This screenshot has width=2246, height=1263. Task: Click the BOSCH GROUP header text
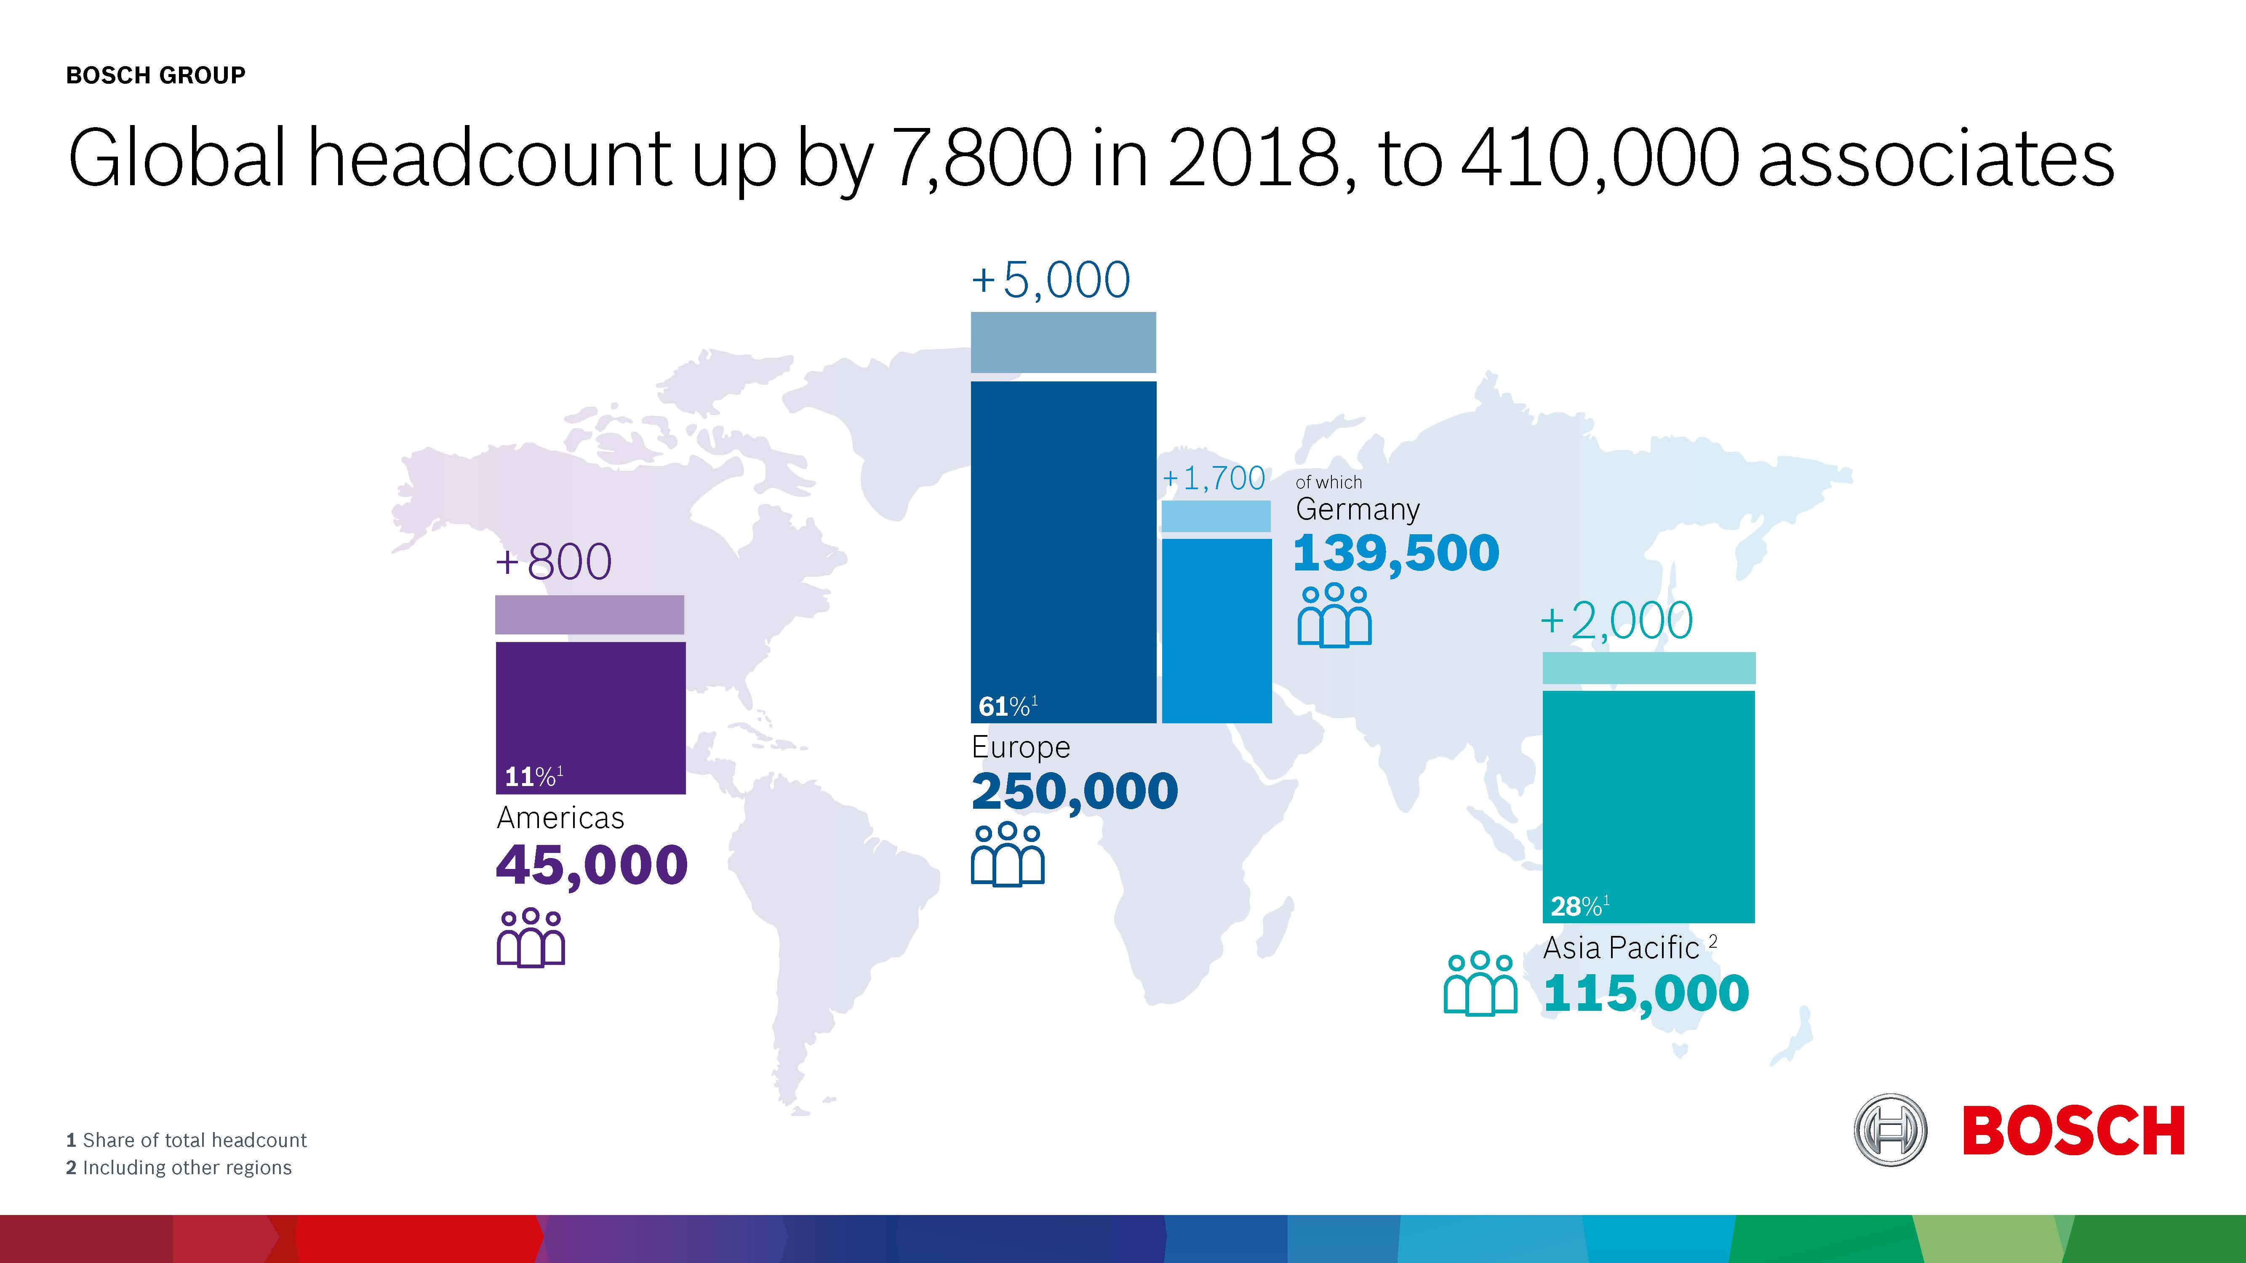click(155, 76)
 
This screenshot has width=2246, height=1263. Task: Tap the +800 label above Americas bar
click(554, 562)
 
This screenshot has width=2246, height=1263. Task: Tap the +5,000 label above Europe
click(1051, 281)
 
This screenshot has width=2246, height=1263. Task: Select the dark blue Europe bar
click(1063, 541)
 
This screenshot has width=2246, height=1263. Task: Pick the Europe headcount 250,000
click(1074, 791)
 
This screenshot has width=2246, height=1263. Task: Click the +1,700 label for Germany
click(1214, 479)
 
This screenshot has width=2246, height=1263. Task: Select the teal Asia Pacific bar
click(1648, 793)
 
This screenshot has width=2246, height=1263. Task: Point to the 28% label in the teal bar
click(1578, 906)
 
